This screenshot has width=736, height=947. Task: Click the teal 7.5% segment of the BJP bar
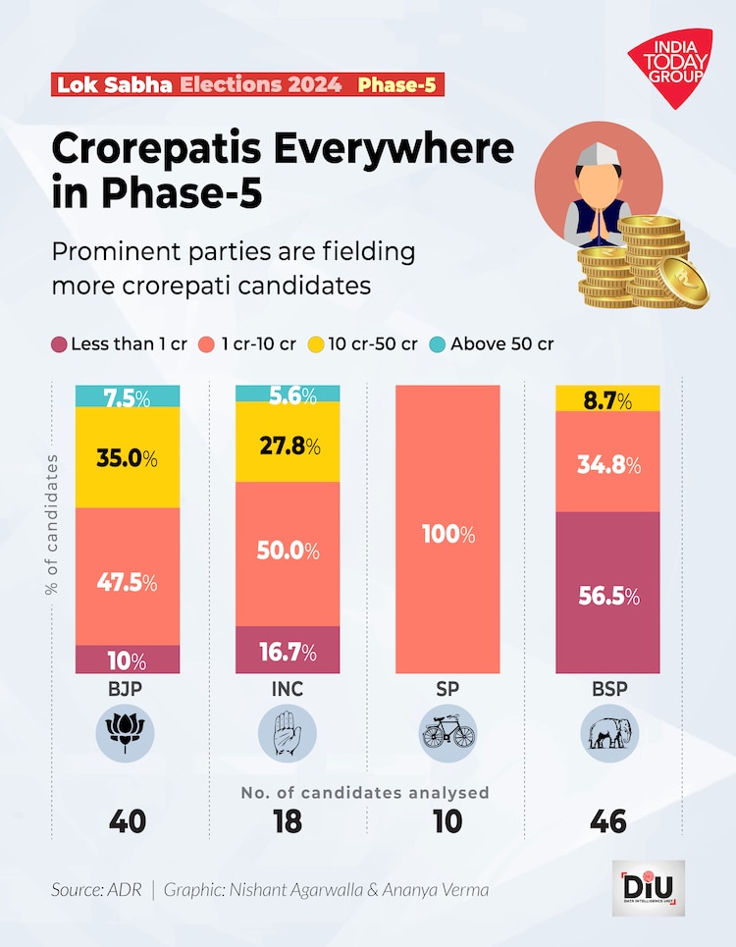(x=128, y=395)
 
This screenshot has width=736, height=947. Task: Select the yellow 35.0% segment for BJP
(x=128, y=457)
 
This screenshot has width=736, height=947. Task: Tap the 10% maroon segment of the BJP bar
(x=128, y=659)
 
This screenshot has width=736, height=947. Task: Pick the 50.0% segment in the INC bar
(x=288, y=551)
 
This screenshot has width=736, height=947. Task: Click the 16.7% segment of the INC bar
(x=288, y=650)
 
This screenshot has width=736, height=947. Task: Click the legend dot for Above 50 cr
(x=439, y=344)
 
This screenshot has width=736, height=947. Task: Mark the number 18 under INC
(x=288, y=821)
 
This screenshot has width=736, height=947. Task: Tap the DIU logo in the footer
(x=648, y=888)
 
